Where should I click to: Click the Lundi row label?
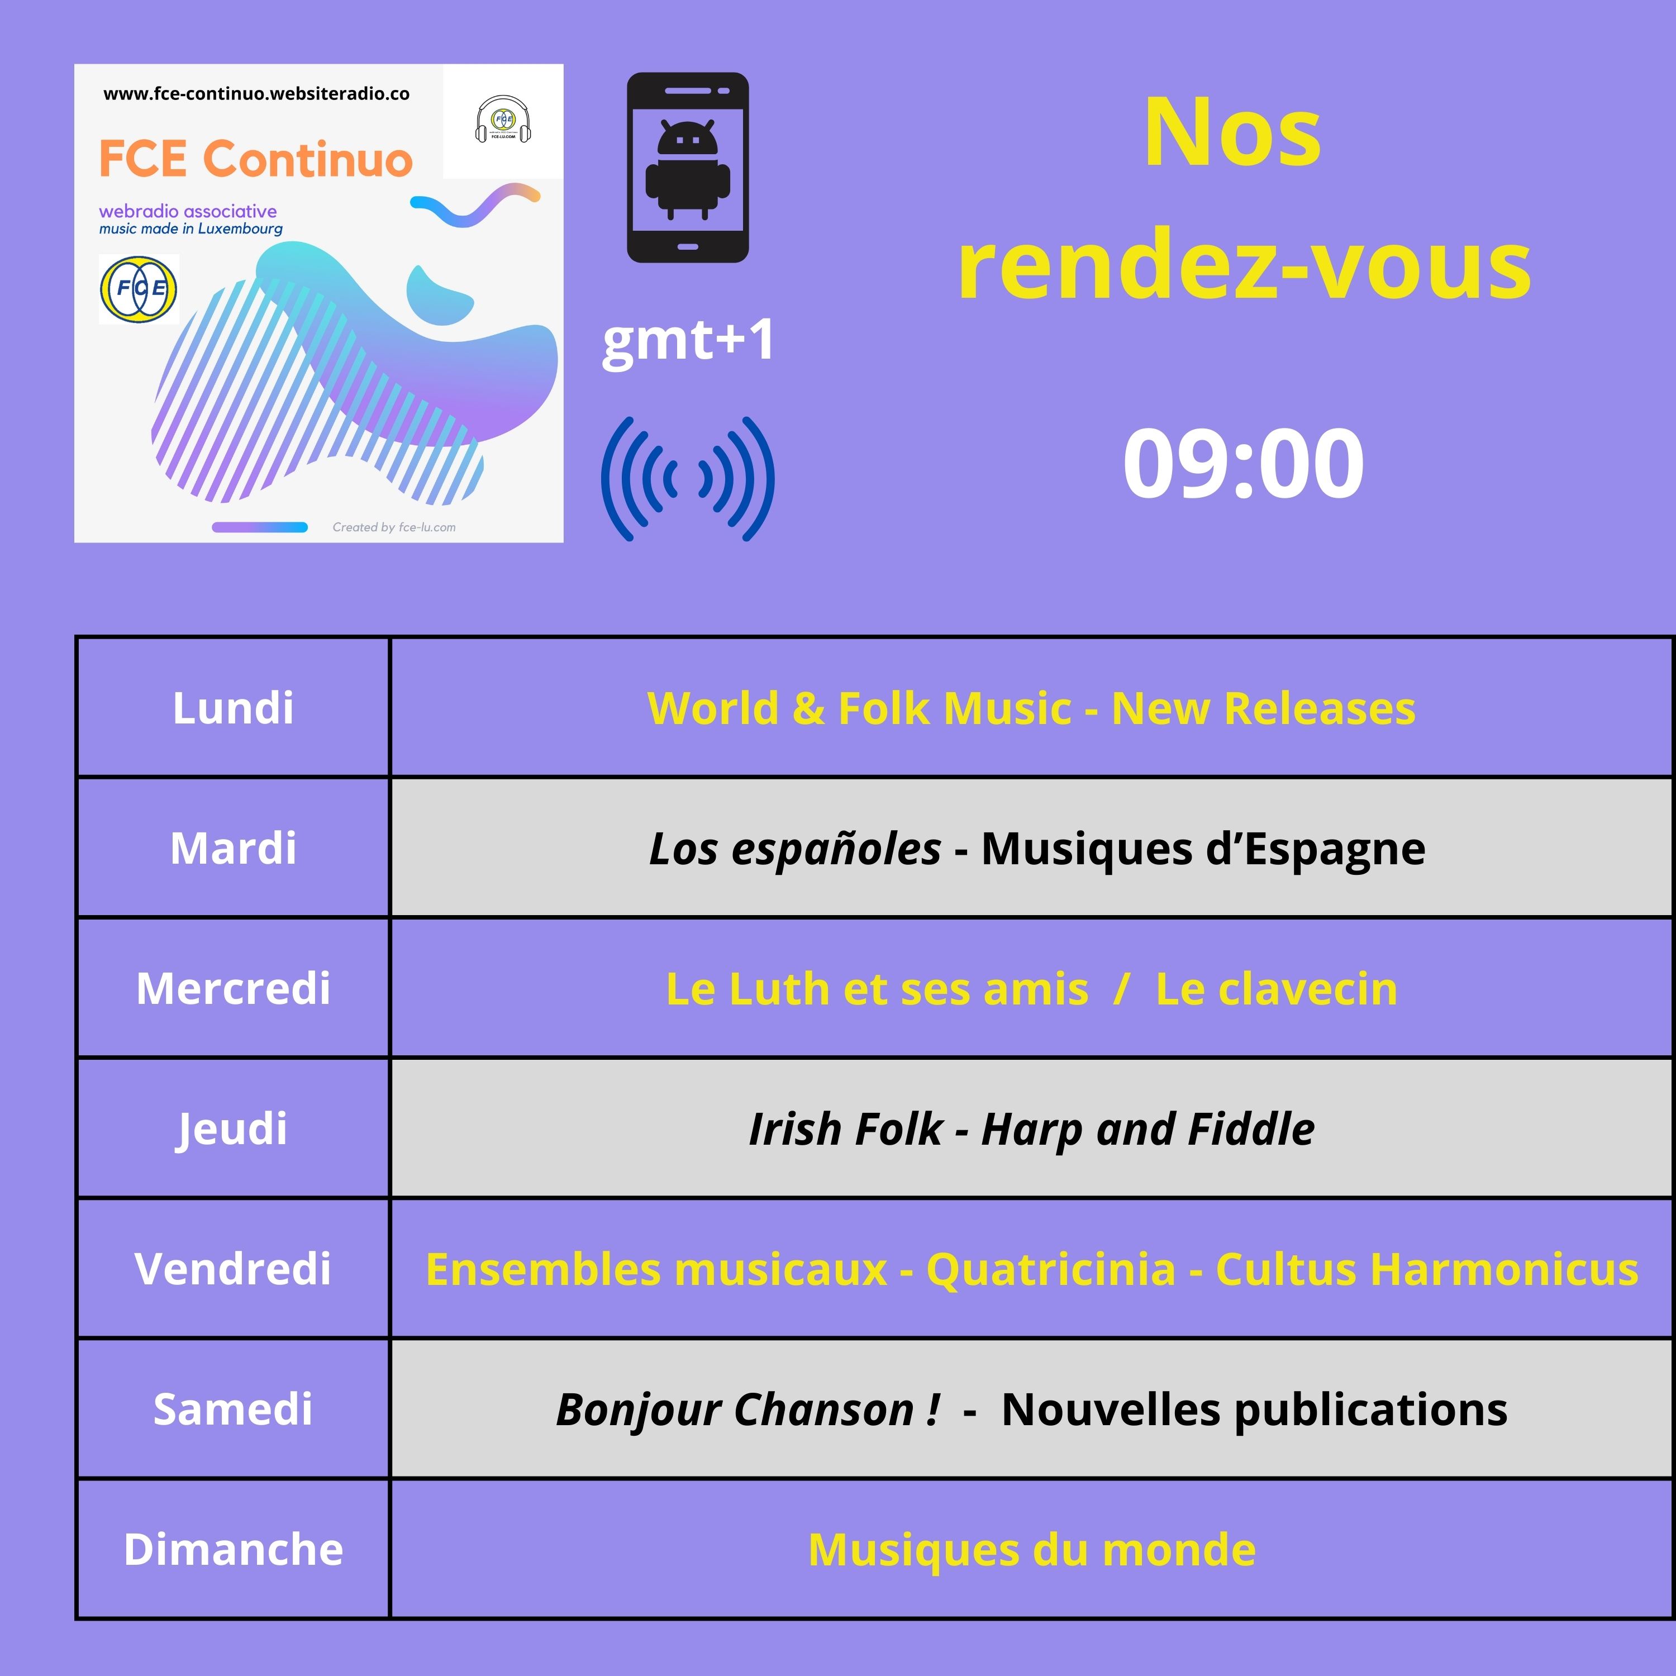pos(232,708)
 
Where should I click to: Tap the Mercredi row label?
pos(232,988)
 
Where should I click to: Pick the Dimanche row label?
pos(232,1549)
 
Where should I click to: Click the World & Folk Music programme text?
pos(859,708)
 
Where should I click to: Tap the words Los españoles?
pos(794,849)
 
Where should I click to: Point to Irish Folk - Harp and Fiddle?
pos(1031,1129)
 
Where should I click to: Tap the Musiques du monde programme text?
pos(1031,1549)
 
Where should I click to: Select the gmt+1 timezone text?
pos(688,340)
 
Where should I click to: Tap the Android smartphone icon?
pos(688,168)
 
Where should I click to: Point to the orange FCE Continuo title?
pos(255,159)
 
